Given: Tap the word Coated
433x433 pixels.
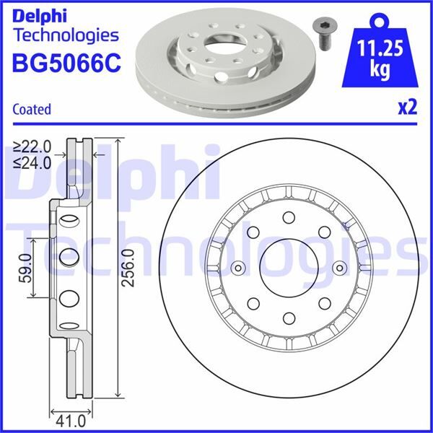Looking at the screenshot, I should (32, 110).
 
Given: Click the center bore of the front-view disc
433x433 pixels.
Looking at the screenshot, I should (286, 268).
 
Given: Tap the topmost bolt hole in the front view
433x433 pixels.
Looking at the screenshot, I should (287, 218).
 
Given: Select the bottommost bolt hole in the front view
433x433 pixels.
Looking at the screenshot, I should (287, 318).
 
